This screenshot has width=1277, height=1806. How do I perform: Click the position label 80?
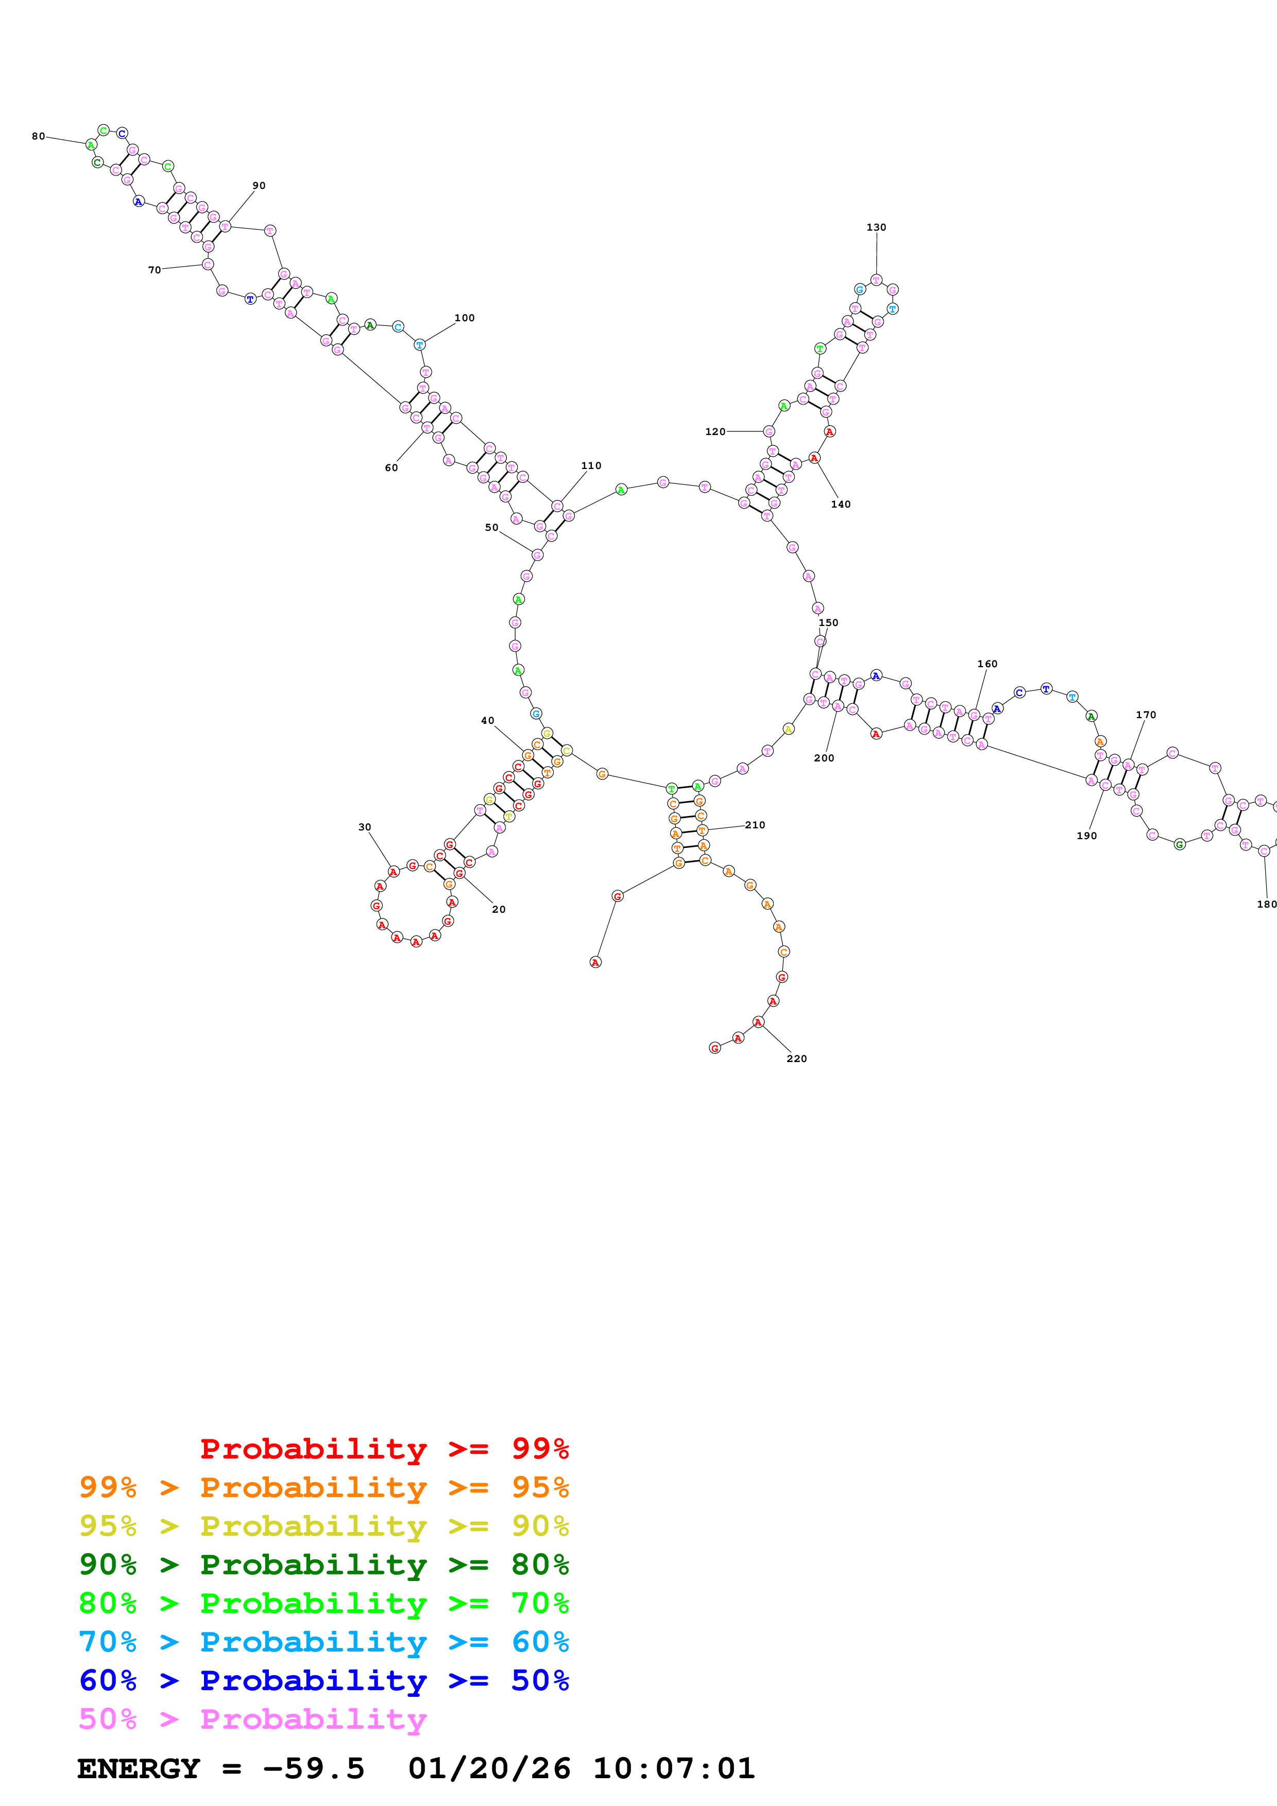pos(38,136)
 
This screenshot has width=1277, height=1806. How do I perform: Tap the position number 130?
pos(876,228)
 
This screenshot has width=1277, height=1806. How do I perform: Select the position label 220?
pos(796,1059)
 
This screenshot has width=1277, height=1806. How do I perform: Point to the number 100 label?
pos(464,318)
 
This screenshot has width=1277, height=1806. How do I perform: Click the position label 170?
pos(1146,715)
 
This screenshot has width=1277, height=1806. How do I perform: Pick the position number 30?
pos(364,827)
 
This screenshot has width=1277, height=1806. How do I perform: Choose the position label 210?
pos(755,825)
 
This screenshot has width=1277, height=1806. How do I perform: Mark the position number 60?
pos(391,468)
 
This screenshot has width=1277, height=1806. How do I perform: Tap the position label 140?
pos(840,504)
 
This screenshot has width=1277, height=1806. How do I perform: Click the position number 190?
pos(1086,836)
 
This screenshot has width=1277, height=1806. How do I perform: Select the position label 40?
pos(487,721)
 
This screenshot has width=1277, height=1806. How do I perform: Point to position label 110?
pos(591,466)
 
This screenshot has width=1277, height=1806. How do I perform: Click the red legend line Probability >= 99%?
pos(384,1449)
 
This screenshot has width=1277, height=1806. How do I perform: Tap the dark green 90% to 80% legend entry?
pos(323,1565)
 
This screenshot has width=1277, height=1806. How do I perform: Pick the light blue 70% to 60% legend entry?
pos(323,1642)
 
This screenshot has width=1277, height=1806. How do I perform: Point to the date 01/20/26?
pos(489,1769)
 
